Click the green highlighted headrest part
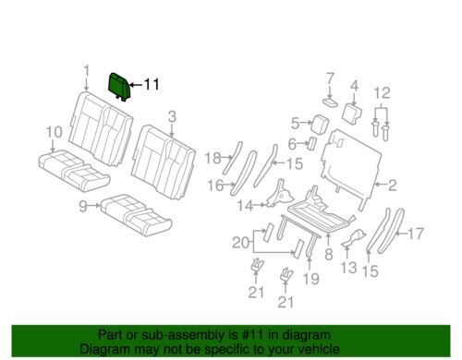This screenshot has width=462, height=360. click(x=119, y=86)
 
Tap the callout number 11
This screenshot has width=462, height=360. click(x=152, y=84)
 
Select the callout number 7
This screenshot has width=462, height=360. click(x=330, y=78)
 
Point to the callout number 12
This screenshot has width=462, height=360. click(x=383, y=93)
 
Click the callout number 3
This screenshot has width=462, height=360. click(x=172, y=117)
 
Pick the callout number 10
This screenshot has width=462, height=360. click(x=54, y=132)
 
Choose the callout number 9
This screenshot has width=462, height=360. click(x=83, y=206)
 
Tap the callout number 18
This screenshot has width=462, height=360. click(x=213, y=158)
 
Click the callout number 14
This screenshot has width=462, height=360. click(x=246, y=206)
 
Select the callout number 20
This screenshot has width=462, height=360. click(x=241, y=243)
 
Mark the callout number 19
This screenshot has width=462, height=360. click(x=310, y=279)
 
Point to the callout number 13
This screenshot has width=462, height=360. click(x=348, y=268)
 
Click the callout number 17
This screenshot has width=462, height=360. click(x=416, y=234)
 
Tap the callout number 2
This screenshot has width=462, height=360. click(x=392, y=186)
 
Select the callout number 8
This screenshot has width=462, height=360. click(x=329, y=255)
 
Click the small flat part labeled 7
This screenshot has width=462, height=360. click(x=330, y=102)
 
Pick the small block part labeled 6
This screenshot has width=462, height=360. click(x=311, y=143)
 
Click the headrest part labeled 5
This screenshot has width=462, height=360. click(x=319, y=124)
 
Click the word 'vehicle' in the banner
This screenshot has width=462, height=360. click(x=318, y=349)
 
